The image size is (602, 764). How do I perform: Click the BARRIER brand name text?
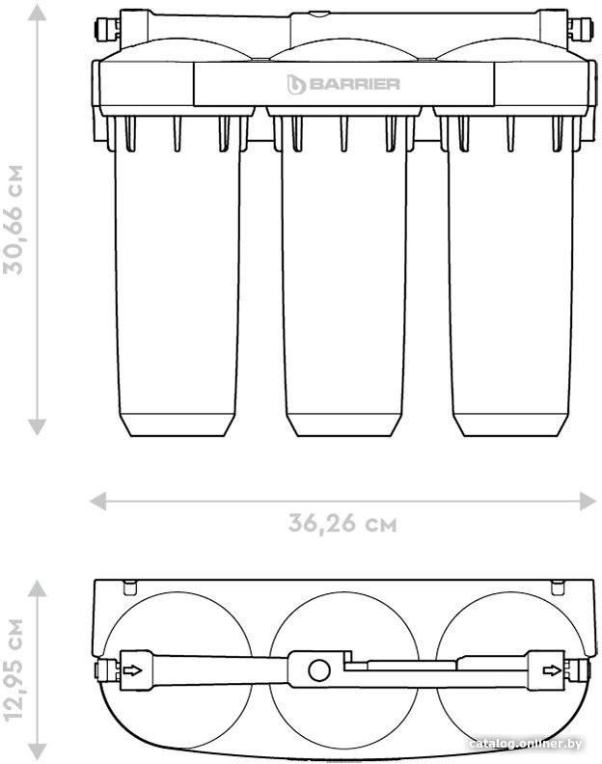[x=354, y=84]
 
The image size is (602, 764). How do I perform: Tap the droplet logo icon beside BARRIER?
[x=296, y=84]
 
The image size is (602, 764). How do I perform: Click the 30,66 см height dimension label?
[x=14, y=220]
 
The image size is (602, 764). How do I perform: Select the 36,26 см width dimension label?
[x=342, y=524]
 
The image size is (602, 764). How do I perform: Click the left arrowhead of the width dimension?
[x=98, y=501]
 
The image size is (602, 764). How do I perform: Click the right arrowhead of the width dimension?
[x=588, y=501]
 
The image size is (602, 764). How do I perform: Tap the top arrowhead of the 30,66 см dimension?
[x=37, y=13]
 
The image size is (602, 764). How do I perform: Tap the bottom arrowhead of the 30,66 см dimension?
[x=37, y=426]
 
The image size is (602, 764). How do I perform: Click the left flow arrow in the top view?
[x=132, y=670]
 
